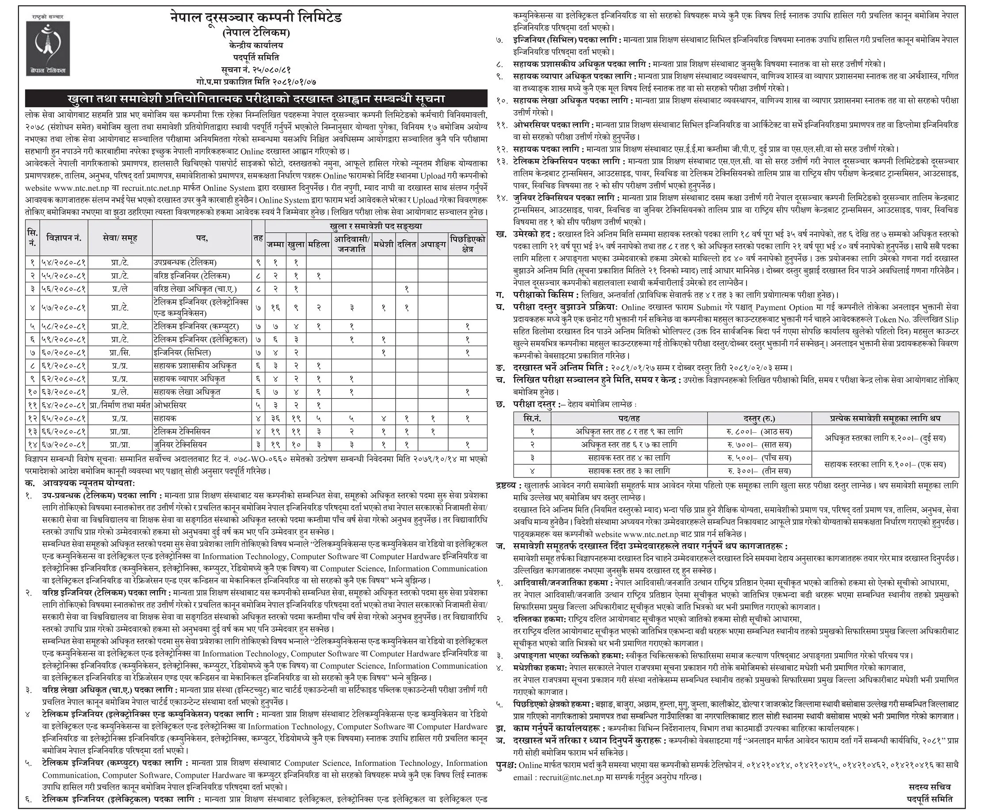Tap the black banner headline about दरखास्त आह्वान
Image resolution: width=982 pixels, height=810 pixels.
[256, 99]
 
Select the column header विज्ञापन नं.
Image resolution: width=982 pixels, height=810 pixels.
[64, 238]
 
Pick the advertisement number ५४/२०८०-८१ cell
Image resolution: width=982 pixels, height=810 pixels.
[64, 263]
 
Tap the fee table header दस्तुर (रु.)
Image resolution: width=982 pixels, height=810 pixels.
[759, 418]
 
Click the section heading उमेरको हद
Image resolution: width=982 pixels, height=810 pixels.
[528, 234]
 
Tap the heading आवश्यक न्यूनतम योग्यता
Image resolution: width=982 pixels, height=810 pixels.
[89, 483]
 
